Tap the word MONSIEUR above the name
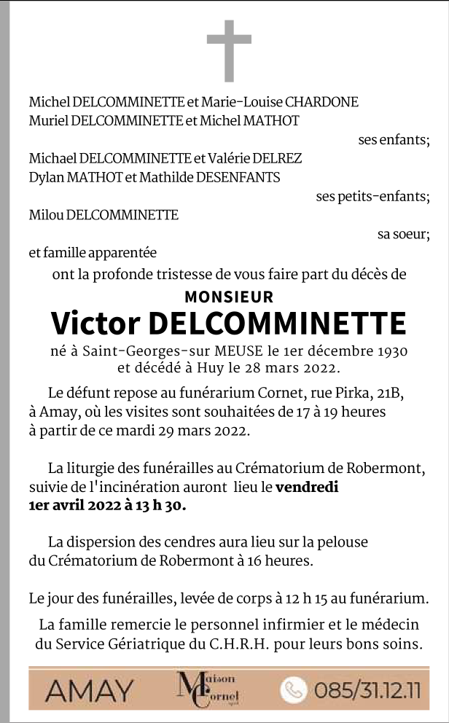[229, 297]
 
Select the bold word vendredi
[307, 488]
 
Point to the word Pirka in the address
[351, 394]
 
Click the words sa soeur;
[403, 234]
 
